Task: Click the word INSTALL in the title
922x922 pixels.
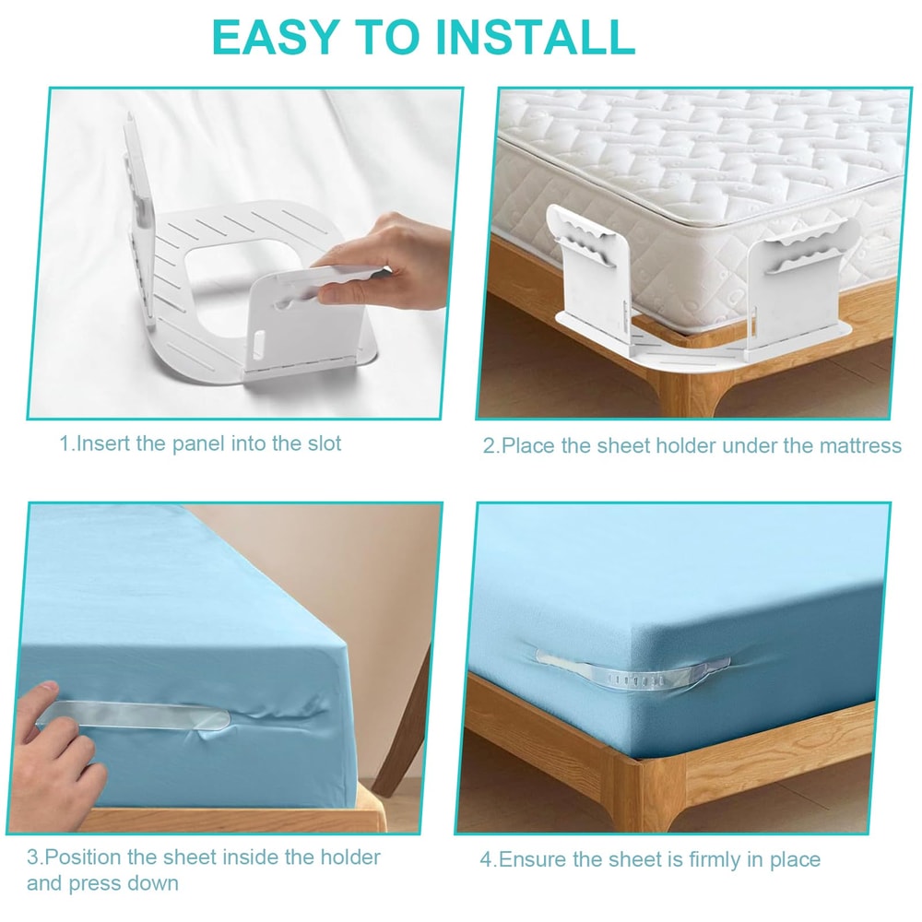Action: [535, 37]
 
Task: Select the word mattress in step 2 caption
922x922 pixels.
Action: [857, 446]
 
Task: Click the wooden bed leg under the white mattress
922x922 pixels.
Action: [687, 387]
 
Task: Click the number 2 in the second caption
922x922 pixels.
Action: [489, 446]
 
